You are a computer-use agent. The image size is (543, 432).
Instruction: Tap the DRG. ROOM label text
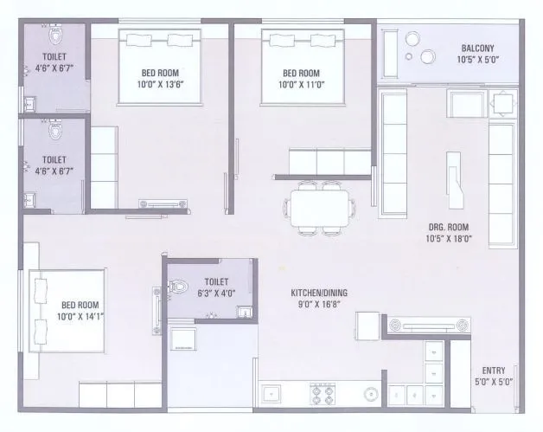(448, 229)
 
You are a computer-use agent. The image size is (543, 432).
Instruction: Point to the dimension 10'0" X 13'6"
(163, 84)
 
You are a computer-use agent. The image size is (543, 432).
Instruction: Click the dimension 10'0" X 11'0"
(301, 84)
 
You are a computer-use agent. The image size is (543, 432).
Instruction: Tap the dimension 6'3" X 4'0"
(216, 293)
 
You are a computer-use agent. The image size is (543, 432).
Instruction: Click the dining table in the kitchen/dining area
(321, 208)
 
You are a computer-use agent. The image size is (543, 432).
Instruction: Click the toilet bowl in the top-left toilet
(57, 38)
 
